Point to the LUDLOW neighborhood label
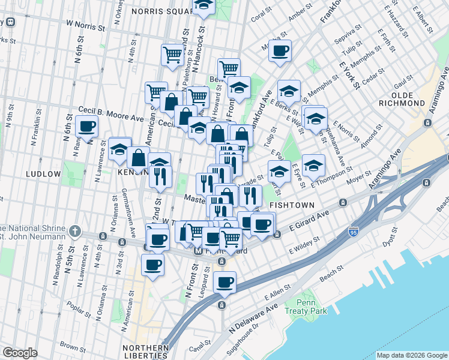coord(43,174)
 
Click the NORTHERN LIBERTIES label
coord(145,352)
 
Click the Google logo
coord(20,353)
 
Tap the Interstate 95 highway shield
coord(354,230)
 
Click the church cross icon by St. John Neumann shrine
coord(74,231)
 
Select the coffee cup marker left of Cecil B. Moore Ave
coord(86,127)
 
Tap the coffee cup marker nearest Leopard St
coord(224,282)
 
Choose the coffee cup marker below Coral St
coord(280,51)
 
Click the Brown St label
coord(72,347)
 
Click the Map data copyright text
coord(412,355)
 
